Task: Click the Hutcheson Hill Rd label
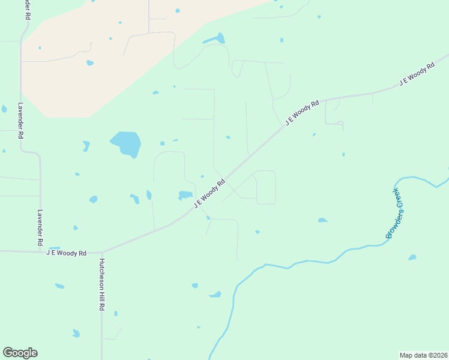[x=102, y=284]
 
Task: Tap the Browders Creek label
[x=397, y=213]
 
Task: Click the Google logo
[x=20, y=353]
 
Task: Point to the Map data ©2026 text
[x=423, y=355]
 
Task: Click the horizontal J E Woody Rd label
[x=66, y=253]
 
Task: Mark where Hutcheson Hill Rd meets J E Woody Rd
[x=102, y=252]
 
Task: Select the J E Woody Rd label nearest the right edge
[x=417, y=75]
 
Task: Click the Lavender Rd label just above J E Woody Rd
[x=40, y=227]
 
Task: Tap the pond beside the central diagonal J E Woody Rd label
[x=185, y=195]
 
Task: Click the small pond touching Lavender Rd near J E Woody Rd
[x=55, y=248]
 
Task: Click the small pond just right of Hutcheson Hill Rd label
[x=116, y=313]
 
